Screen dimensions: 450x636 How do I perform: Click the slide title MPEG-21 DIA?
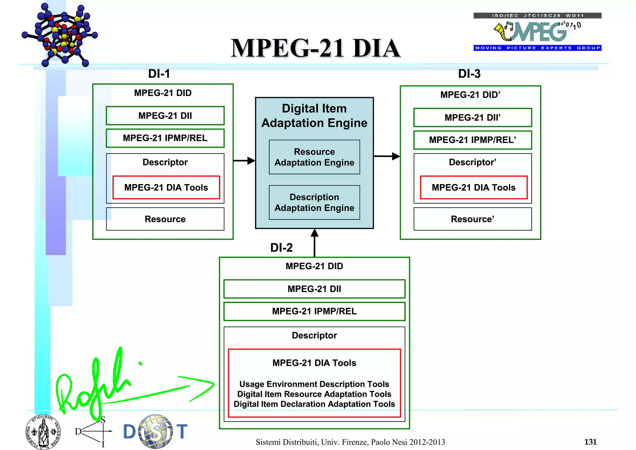(x=315, y=48)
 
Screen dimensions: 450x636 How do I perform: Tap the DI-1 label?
(x=159, y=74)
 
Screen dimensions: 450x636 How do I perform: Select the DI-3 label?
(x=469, y=74)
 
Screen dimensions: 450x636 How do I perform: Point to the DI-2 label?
(x=281, y=248)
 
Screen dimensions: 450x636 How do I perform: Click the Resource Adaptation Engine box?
(x=314, y=157)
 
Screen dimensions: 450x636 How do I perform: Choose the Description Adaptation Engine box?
(x=314, y=202)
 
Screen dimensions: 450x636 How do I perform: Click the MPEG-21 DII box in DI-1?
(x=165, y=116)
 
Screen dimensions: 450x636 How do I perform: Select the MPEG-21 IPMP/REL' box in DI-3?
(x=472, y=140)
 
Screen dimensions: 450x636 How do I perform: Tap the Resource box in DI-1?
(x=165, y=219)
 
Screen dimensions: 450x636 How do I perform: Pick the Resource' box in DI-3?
(x=472, y=219)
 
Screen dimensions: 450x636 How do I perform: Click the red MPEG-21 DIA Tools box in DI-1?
(x=166, y=187)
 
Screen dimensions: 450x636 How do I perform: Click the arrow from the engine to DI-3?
(x=387, y=156)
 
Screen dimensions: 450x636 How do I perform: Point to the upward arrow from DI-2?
(x=315, y=242)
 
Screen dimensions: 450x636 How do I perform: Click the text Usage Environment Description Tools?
(x=314, y=384)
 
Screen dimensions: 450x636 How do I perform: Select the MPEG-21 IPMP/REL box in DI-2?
(x=314, y=311)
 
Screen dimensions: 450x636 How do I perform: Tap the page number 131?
(x=590, y=442)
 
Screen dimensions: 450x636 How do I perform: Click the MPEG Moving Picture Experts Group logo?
(x=537, y=32)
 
